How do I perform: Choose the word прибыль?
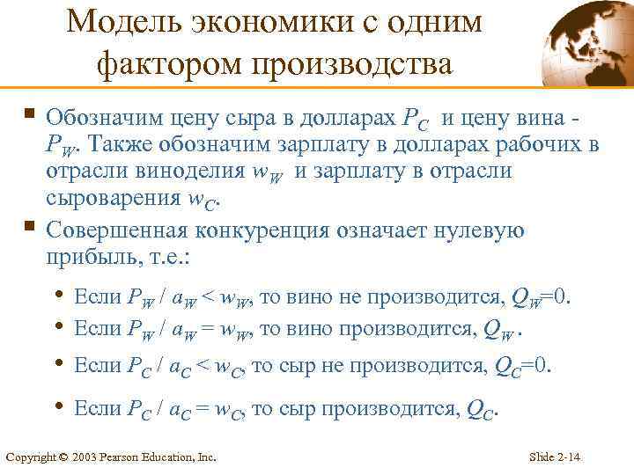pos(87,259)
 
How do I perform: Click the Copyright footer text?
pos(111,457)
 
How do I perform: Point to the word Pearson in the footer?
pos(129,457)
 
